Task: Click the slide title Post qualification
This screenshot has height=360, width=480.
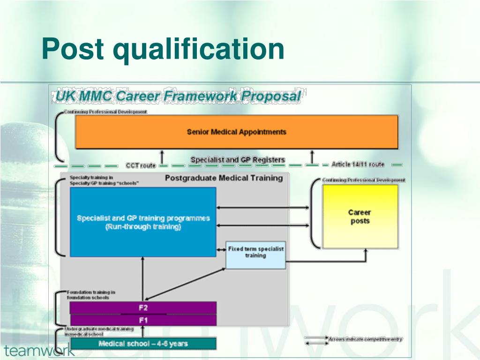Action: (x=163, y=49)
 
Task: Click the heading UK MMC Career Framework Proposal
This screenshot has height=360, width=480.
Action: (x=178, y=96)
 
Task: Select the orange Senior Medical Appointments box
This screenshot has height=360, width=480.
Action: (x=237, y=132)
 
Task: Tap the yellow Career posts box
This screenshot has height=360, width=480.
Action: (x=360, y=217)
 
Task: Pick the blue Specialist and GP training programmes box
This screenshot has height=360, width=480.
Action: (x=143, y=222)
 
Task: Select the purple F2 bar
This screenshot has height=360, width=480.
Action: (x=143, y=308)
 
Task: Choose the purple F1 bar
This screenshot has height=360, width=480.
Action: (x=143, y=320)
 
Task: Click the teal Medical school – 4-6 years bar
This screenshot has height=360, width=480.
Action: (x=143, y=344)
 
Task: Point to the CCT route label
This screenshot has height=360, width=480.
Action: (x=141, y=165)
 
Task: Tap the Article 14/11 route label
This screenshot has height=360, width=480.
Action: (x=358, y=165)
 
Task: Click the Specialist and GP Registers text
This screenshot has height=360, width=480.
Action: (x=238, y=160)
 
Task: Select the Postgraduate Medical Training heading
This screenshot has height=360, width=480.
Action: (x=224, y=178)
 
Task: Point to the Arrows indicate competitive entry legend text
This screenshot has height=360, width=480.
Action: (x=366, y=339)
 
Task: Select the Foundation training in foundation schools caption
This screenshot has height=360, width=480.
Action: (x=91, y=295)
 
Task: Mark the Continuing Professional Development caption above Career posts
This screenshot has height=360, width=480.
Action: (x=363, y=180)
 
